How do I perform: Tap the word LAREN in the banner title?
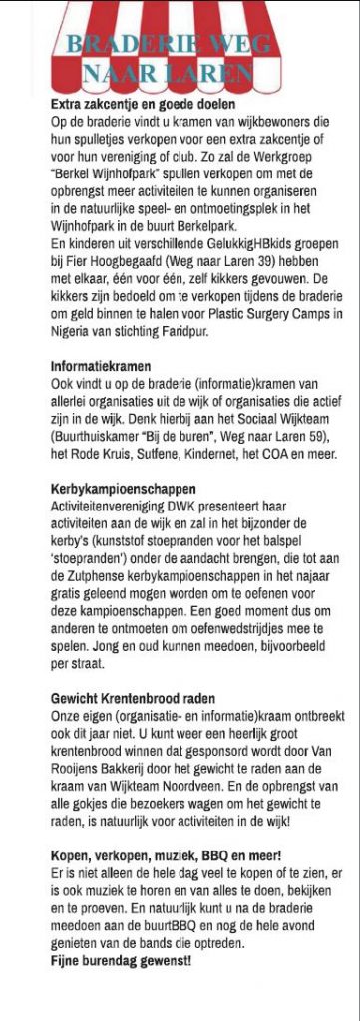[211, 74]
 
